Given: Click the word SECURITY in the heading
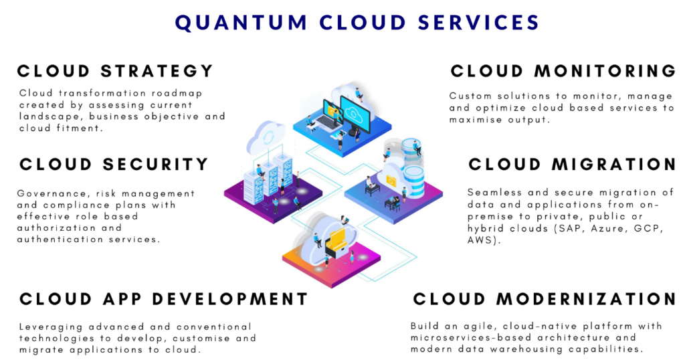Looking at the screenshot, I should tap(158, 164).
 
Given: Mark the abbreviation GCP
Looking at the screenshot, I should tap(646, 227).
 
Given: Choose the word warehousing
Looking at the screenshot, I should tap(530, 349).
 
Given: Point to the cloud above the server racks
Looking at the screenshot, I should tap(265, 137).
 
